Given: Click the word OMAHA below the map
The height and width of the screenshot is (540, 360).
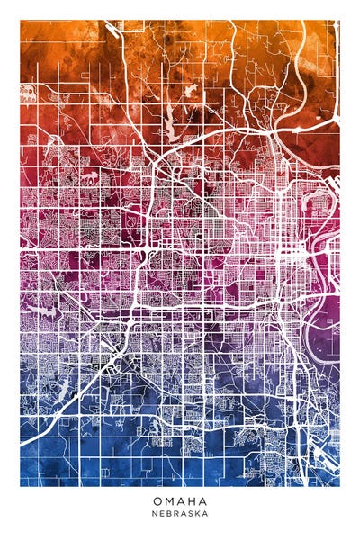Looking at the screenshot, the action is [x=180, y=501].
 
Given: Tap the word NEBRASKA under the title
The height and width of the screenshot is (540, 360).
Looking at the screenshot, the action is [x=180, y=514].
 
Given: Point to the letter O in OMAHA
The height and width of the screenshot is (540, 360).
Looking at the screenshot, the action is [x=157, y=501].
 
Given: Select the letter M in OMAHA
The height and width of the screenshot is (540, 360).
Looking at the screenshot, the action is [x=168, y=501].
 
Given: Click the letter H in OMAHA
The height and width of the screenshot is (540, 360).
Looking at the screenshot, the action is [x=192, y=501].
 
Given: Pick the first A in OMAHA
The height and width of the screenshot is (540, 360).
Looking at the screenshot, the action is [x=180, y=501].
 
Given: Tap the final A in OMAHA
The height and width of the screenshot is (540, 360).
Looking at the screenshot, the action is [x=202, y=501].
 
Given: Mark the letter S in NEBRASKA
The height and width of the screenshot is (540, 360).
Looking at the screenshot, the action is [x=191, y=514].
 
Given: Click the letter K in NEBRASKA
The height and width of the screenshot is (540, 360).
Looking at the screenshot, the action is [x=197, y=514].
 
